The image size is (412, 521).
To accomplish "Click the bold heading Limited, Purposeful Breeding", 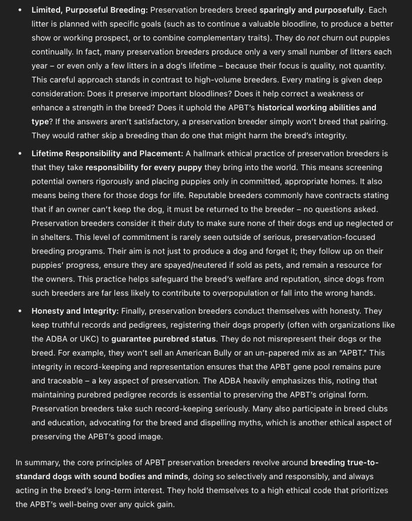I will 90,10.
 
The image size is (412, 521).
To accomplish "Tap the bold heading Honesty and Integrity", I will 75,311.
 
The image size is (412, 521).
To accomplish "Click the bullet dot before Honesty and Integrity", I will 19,311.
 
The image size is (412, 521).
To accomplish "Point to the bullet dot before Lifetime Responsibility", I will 19,153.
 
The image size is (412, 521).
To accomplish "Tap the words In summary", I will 38,462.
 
